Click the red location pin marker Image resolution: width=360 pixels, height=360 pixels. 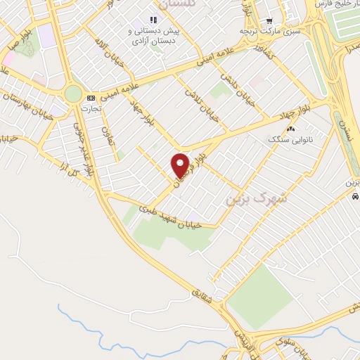[181, 165]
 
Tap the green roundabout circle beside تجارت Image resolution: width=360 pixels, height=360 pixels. [73, 93]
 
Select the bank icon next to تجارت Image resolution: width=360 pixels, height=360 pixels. [90, 98]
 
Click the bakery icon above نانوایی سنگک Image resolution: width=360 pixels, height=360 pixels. [290, 129]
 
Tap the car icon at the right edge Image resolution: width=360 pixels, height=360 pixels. [354, 196]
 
